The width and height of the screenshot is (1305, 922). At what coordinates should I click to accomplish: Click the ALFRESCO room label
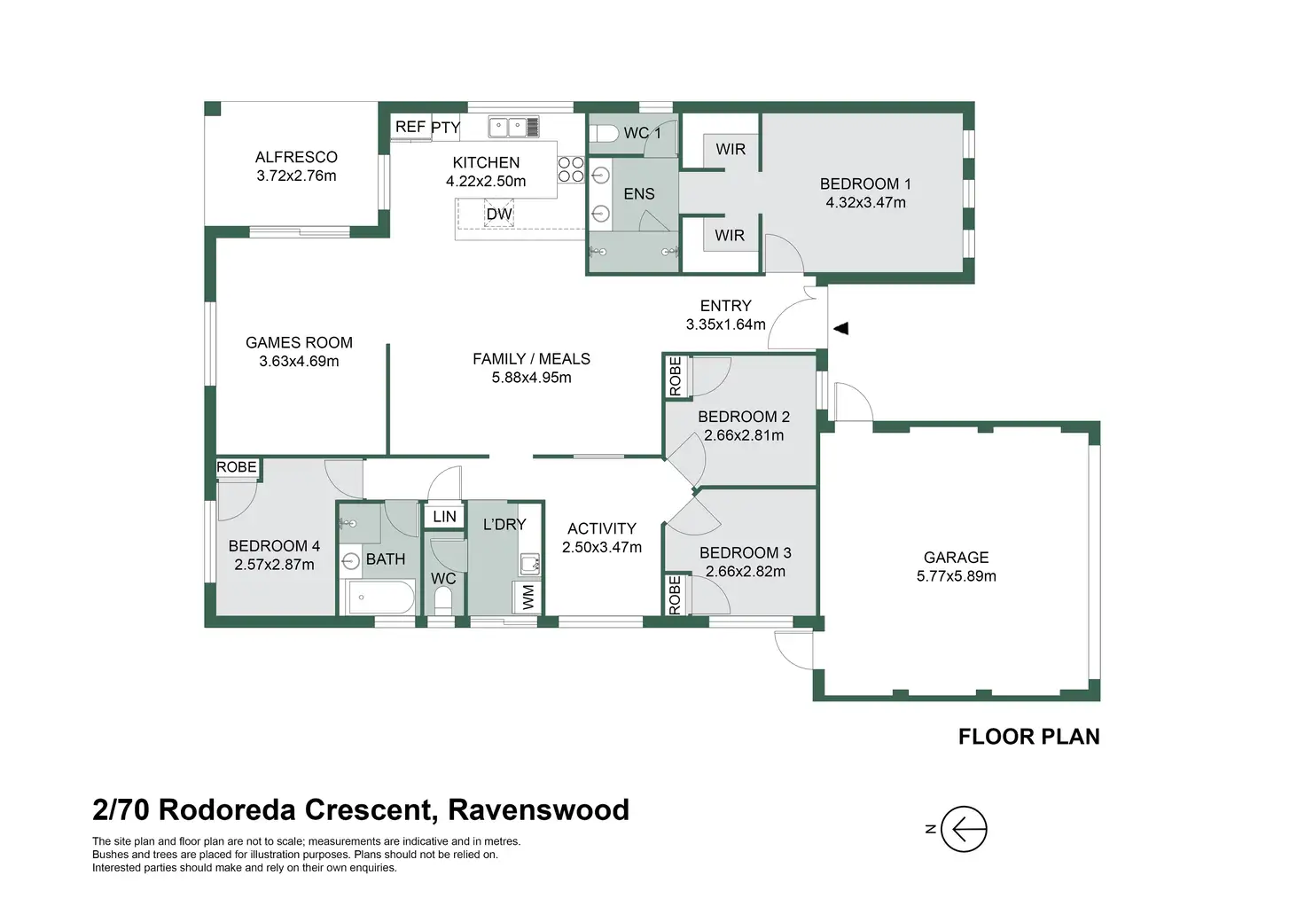[296, 157]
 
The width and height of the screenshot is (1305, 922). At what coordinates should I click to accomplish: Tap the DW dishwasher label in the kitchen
[499, 214]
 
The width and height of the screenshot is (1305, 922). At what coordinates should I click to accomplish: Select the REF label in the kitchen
[410, 127]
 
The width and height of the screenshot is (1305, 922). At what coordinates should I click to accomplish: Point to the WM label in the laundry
[528, 597]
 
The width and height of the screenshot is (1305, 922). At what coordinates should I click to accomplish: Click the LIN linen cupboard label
[445, 517]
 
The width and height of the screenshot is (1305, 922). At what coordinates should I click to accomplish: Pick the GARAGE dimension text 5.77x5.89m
[956, 576]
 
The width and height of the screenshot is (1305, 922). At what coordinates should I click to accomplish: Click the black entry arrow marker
[841, 328]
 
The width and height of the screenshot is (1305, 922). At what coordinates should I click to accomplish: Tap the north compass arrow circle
[963, 829]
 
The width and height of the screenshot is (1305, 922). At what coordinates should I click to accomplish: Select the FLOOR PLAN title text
[1028, 737]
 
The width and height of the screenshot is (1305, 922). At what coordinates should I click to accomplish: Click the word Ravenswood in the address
[539, 809]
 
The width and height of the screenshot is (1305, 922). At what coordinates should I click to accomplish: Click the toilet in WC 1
[605, 134]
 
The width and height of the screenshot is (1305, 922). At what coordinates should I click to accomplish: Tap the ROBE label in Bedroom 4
[237, 467]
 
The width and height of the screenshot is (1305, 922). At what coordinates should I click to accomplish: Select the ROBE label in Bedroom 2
[676, 376]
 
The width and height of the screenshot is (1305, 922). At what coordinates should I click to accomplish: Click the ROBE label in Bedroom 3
[676, 595]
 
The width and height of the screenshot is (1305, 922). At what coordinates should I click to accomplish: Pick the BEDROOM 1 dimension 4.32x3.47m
[865, 203]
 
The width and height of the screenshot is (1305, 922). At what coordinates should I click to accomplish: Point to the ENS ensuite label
[639, 194]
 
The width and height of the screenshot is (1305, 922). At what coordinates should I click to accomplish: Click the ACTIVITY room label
[602, 528]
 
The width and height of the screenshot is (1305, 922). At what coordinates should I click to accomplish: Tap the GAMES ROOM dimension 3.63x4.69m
[299, 362]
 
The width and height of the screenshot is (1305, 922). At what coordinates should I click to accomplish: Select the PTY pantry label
[446, 128]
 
